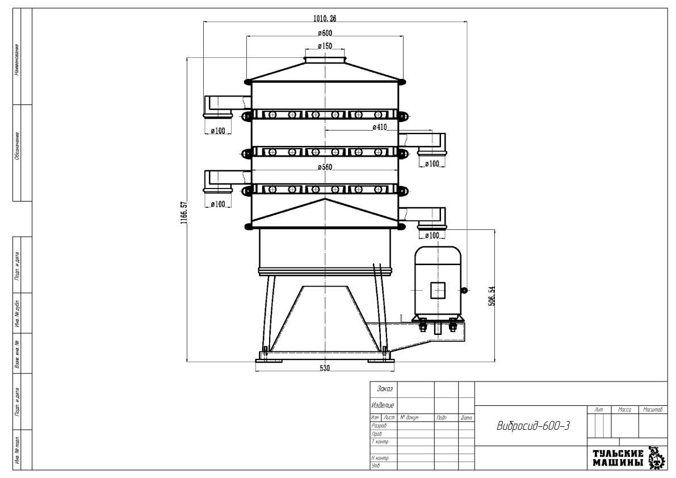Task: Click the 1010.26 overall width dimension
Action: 325,18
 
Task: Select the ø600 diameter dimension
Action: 325,32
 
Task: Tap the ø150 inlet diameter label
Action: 325,45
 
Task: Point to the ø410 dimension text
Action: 379,127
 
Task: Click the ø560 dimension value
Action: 325,167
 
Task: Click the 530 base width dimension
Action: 325,368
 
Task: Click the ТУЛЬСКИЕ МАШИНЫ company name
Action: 618,459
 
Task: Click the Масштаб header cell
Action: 652,409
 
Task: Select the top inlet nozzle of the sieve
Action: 325,59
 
